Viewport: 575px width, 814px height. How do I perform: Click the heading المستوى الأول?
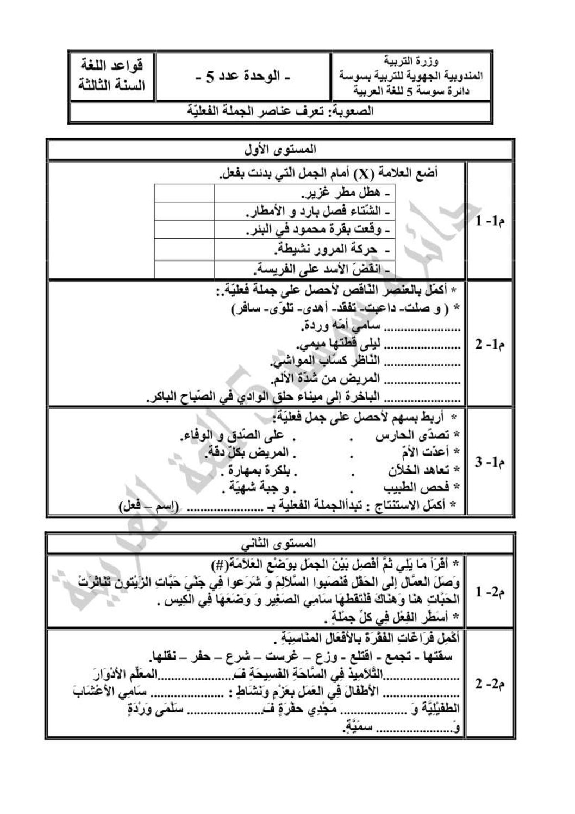tap(281, 148)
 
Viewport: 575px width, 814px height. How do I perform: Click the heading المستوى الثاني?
tap(281, 543)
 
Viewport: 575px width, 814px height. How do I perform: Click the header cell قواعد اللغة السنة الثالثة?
tap(112, 76)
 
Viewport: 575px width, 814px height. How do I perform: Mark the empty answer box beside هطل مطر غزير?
tap(184, 194)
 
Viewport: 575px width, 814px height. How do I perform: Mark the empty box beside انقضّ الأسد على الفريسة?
tap(184, 269)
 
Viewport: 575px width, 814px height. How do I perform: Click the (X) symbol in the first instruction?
tap(361, 175)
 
